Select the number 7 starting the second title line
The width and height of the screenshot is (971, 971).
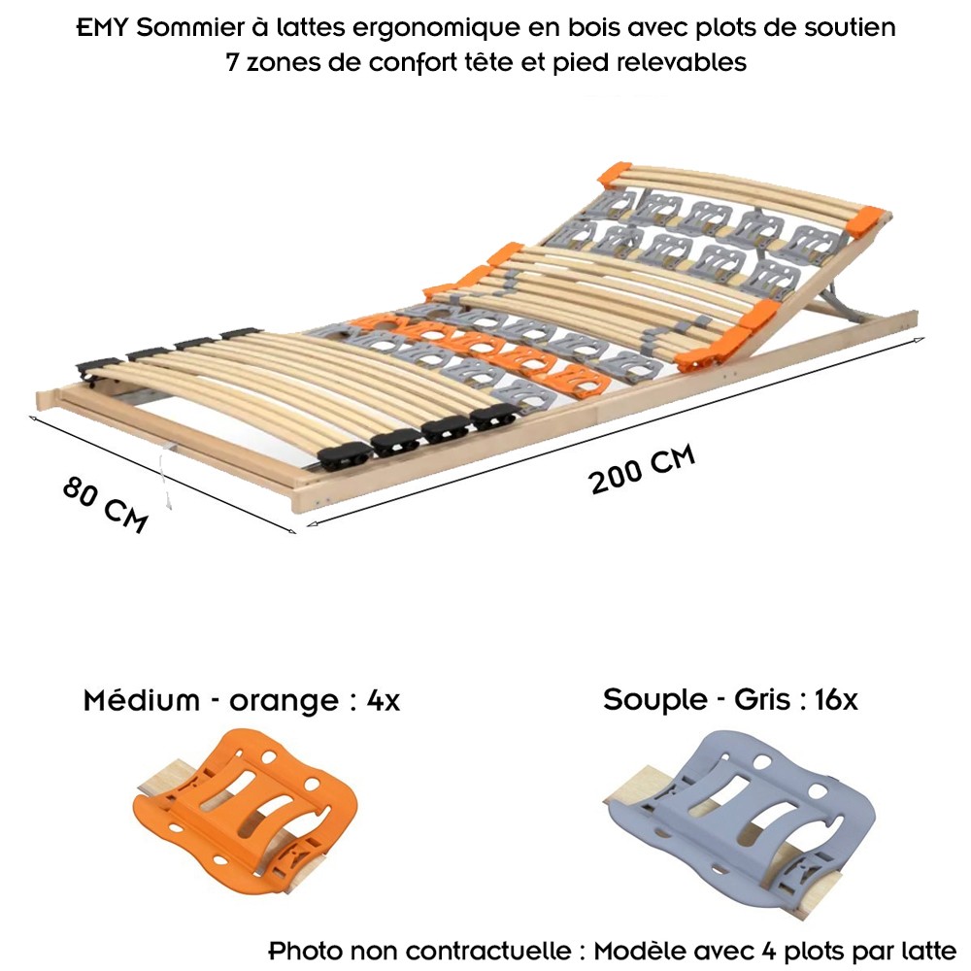pyautogui.click(x=232, y=62)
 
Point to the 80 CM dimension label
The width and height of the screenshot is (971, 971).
pyautogui.click(x=105, y=505)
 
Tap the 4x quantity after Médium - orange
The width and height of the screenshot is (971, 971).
pyautogui.click(x=383, y=701)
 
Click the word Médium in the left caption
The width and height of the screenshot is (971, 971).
pyautogui.click(x=141, y=700)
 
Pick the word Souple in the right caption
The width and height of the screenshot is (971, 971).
pyautogui.click(x=655, y=700)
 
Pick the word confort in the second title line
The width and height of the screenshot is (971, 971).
pyautogui.click(x=408, y=62)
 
